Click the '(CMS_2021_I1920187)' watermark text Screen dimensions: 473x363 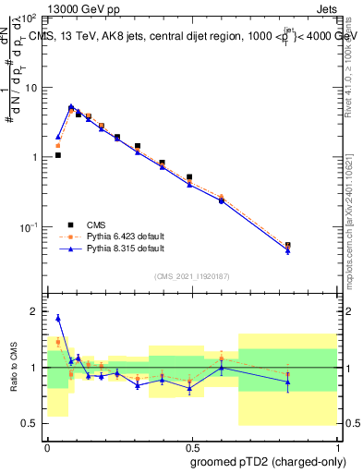pos(191,276)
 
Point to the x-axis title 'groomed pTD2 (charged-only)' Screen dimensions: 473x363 pos(269,461)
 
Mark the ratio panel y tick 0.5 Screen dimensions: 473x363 pos(30,423)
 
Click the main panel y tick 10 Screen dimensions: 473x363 pos(30,88)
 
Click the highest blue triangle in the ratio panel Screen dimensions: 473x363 pos(58,318)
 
